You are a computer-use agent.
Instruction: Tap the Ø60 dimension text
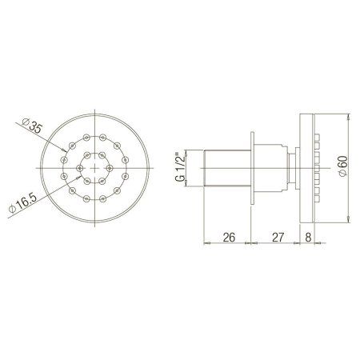pyautogui.click(x=342, y=169)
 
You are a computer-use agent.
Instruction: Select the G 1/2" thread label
pyautogui.click(x=181, y=170)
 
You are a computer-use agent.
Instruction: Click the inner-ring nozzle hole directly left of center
pyautogui.click(x=79, y=170)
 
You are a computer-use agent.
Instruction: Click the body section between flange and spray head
pyautogui.click(x=276, y=170)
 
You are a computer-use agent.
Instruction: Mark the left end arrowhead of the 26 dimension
pyautogui.click(x=207, y=246)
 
